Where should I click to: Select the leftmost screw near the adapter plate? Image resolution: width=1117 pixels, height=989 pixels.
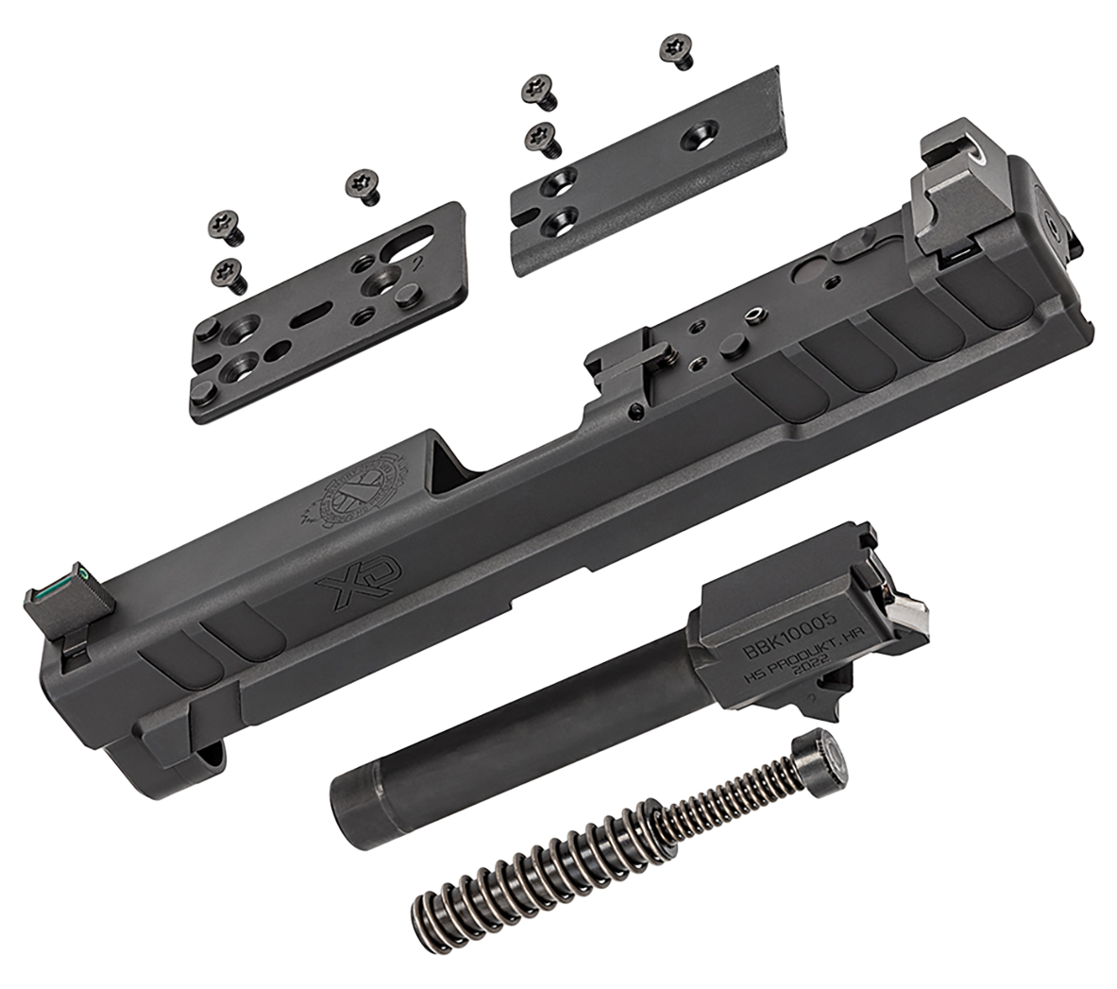pyautogui.click(x=225, y=228)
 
